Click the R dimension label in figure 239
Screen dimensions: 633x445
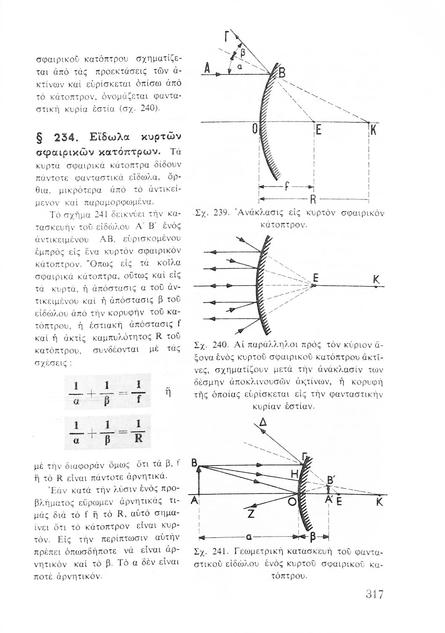pos(313,200)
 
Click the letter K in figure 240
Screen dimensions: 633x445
pos(376,280)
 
